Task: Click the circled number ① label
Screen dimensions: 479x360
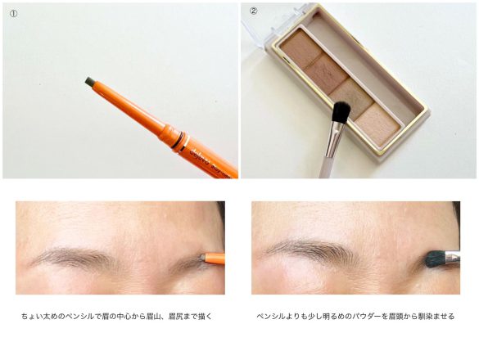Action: (x=13, y=14)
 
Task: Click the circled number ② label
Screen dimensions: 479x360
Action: (x=254, y=11)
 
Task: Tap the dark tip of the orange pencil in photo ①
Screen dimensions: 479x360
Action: (x=90, y=82)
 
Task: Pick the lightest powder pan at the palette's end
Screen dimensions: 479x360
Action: (x=377, y=124)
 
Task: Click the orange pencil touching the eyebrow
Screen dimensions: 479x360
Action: (x=215, y=258)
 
